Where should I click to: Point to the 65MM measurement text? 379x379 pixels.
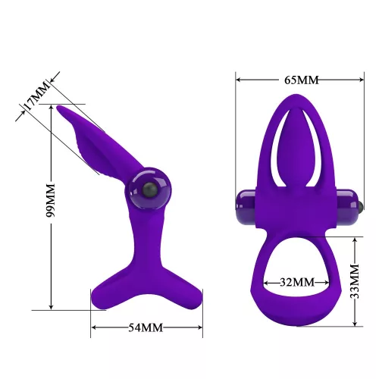point(296,77)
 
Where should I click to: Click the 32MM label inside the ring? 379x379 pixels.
point(296,281)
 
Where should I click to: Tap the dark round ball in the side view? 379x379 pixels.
point(148,190)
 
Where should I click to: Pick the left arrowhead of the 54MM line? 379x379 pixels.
point(93,328)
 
